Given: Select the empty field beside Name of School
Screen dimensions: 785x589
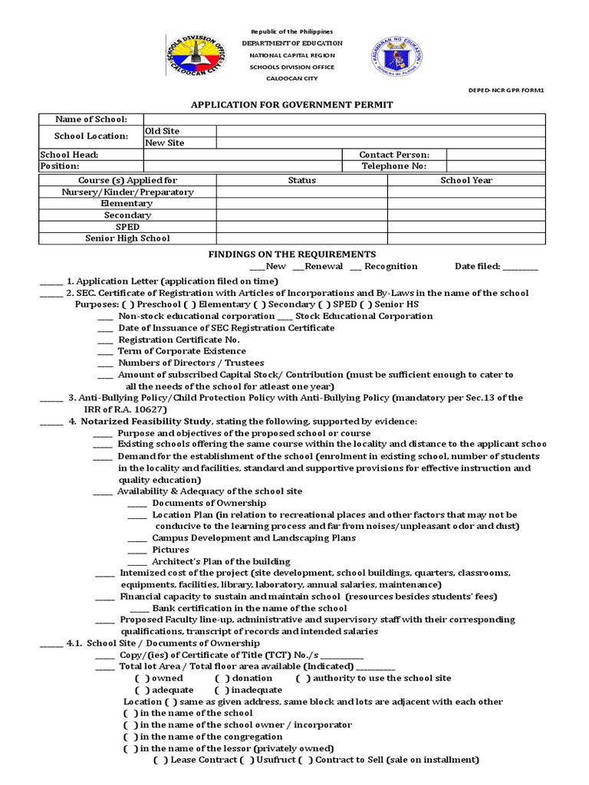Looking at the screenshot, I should (344, 120).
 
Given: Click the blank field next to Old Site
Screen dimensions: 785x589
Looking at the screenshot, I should (380, 131).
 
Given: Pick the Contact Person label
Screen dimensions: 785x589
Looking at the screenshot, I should (394, 155).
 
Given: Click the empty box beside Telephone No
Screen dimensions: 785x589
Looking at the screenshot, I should (495, 166).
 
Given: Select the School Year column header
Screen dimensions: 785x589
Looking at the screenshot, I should (466, 180).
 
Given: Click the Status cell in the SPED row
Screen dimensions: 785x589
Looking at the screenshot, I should (301, 227).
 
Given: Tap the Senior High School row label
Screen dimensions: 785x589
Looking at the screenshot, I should (127, 238).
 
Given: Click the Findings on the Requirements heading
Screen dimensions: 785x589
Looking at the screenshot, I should (292, 254).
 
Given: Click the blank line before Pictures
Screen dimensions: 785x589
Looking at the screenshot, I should (137, 550).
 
